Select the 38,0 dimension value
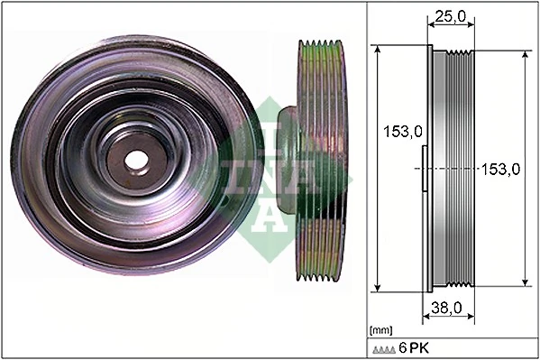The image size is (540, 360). (446, 308)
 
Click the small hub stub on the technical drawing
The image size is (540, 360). (424, 169)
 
